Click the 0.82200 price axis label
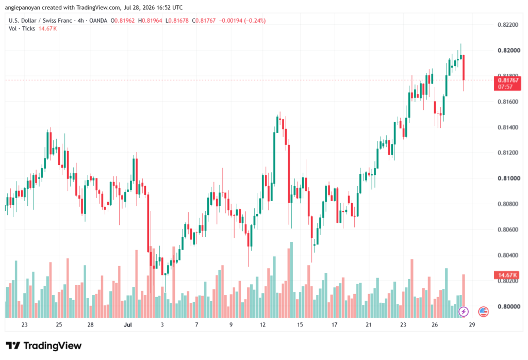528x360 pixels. point(508,25)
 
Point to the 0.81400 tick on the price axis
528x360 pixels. point(508,127)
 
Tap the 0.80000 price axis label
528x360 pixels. point(508,306)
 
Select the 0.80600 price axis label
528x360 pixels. point(508,230)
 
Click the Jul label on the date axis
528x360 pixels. point(128,324)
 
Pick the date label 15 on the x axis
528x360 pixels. point(300,324)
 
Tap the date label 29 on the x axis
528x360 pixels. point(472,324)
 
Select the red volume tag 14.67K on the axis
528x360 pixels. point(507,275)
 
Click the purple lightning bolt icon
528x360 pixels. point(464,312)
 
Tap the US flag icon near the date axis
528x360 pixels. point(483,312)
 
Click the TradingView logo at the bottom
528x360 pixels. point(44,346)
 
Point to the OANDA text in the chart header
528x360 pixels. point(98,21)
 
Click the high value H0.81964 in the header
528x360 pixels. point(150,21)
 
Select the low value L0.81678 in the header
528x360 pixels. point(177,21)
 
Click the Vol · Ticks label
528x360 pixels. point(22,29)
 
